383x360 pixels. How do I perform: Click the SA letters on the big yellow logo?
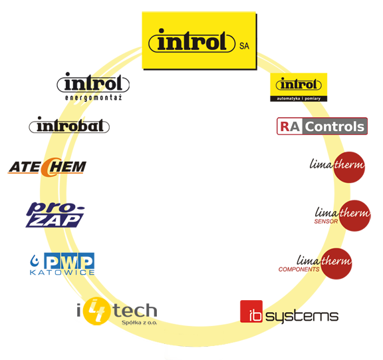pyautogui.click(x=244, y=46)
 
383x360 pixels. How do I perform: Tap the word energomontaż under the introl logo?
pyautogui.click(x=93, y=98)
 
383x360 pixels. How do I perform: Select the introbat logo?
pyautogui.click(x=69, y=125)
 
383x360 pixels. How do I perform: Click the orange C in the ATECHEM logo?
pyautogui.click(x=48, y=167)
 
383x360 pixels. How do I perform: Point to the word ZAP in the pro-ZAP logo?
pyautogui.click(x=56, y=221)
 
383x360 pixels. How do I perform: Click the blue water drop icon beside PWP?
pyautogui.click(x=34, y=261)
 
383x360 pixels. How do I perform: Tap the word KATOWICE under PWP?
pyautogui.click(x=62, y=273)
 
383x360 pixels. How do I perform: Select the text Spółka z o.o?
pyautogui.click(x=139, y=323)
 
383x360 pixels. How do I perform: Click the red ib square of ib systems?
pyautogui.click(x=251, y=311)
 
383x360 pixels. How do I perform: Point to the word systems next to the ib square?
pyautogui.click(x=302, y=317)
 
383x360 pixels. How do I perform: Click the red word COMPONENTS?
pyautogui.click(x=299, y=270)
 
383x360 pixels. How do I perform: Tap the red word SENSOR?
pyautogui.click(x=326, y=222)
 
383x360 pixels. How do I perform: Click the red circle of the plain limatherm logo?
pyautogui.click(x=349, y=167)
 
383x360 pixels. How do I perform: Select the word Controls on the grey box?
pyautogui.click(x=334, y=126)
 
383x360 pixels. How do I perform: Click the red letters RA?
pyautogui.click(x=290, y=126)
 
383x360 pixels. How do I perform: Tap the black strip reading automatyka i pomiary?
pyautogui.click(x=299, y=98)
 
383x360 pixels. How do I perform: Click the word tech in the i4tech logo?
pyautogui.click(x=135, y=311)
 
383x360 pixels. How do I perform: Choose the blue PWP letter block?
pyautogui.click(x=69, y=261)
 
